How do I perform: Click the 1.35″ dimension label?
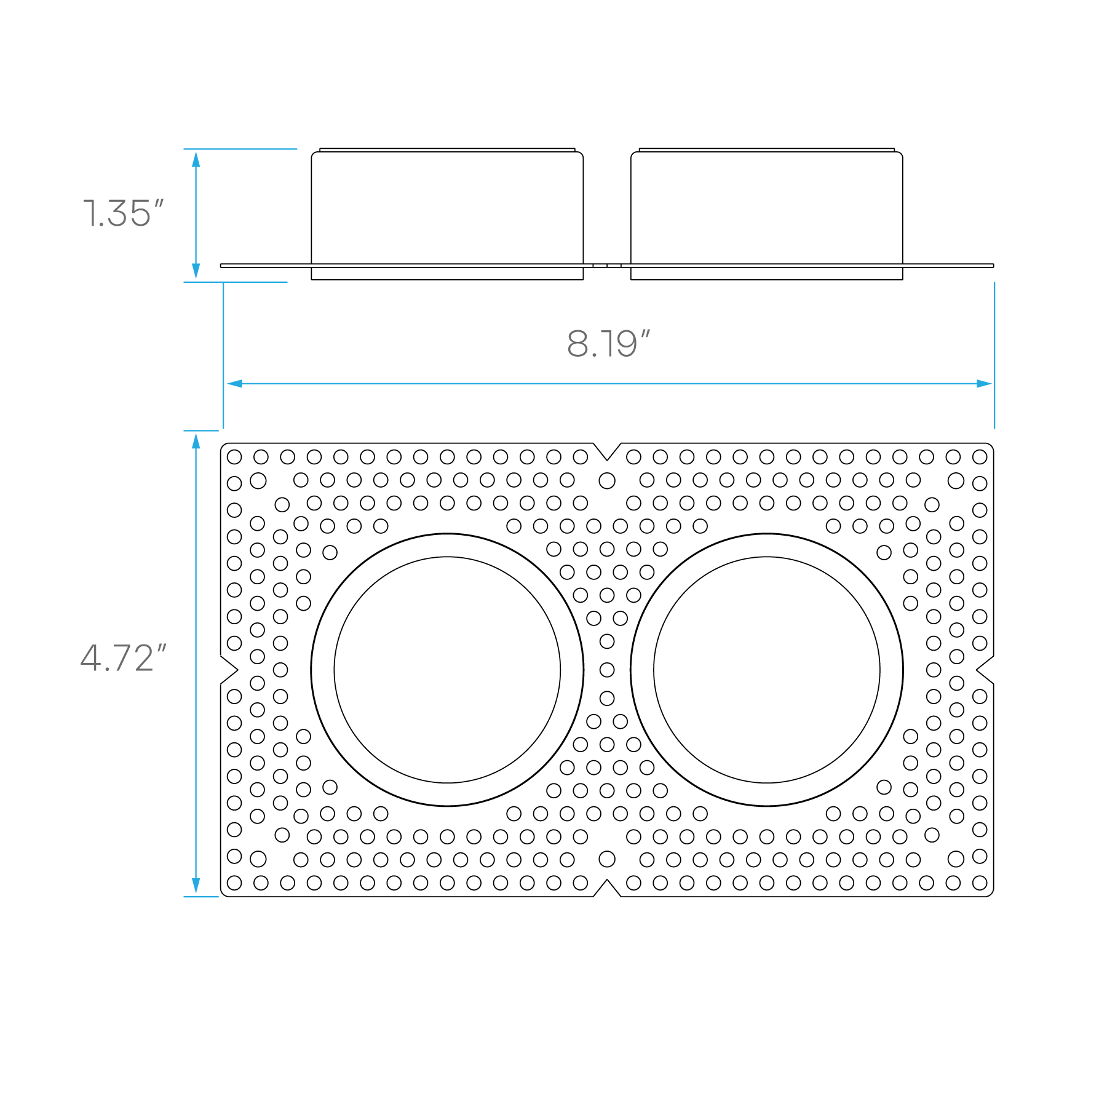point(124,214)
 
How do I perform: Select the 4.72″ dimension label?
point(123,659)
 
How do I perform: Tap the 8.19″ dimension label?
point(608,344)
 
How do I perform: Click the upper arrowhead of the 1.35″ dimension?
point(196,159)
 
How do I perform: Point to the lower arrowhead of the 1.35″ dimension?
point(196,271)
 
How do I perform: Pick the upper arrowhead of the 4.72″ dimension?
point(196,441)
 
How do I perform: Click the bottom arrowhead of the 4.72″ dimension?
point(196,886)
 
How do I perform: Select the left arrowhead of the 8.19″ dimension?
point(235,384)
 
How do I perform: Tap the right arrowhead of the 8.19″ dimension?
point(984,384)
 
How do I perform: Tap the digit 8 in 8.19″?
point(578,344)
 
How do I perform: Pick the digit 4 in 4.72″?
point(91,659)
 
